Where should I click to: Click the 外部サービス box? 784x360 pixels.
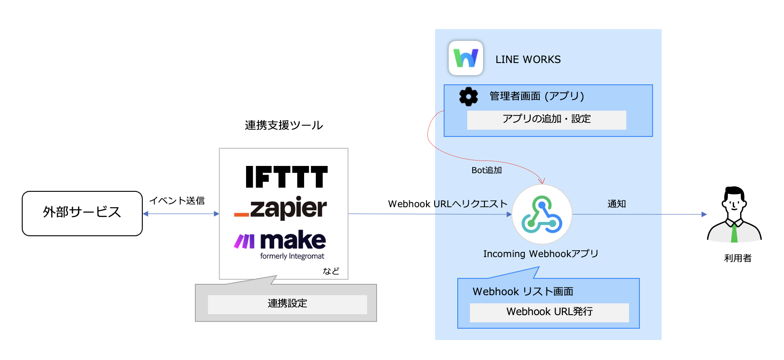(x=82, y=213)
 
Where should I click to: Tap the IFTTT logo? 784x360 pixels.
(x=286, y=177)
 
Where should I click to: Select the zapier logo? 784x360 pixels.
(x=281, y=208)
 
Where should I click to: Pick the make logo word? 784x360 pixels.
(x=293, y=240)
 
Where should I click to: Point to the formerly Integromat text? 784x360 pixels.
(x=292, y=256)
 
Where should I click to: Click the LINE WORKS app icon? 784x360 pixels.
(x=465, y=58)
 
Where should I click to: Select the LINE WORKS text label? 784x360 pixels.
(x=528, y=59)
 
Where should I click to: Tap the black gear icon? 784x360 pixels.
(x=468, y=97)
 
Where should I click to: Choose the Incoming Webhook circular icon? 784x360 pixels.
(x=542, y=214)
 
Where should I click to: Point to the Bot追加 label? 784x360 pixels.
(x=487, y=170)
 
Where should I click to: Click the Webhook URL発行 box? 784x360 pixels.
(x=549, y=312)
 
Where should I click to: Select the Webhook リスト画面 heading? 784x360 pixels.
(x=523, y=292)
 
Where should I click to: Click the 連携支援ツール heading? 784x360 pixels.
(x=284, y=125)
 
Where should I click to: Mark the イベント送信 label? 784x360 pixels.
(x=177, y=200)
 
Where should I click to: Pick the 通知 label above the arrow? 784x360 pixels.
(x=616, y=204)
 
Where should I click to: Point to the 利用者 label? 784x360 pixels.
(x=737, y=258)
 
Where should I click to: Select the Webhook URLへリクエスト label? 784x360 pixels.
(x=448, y=204)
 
